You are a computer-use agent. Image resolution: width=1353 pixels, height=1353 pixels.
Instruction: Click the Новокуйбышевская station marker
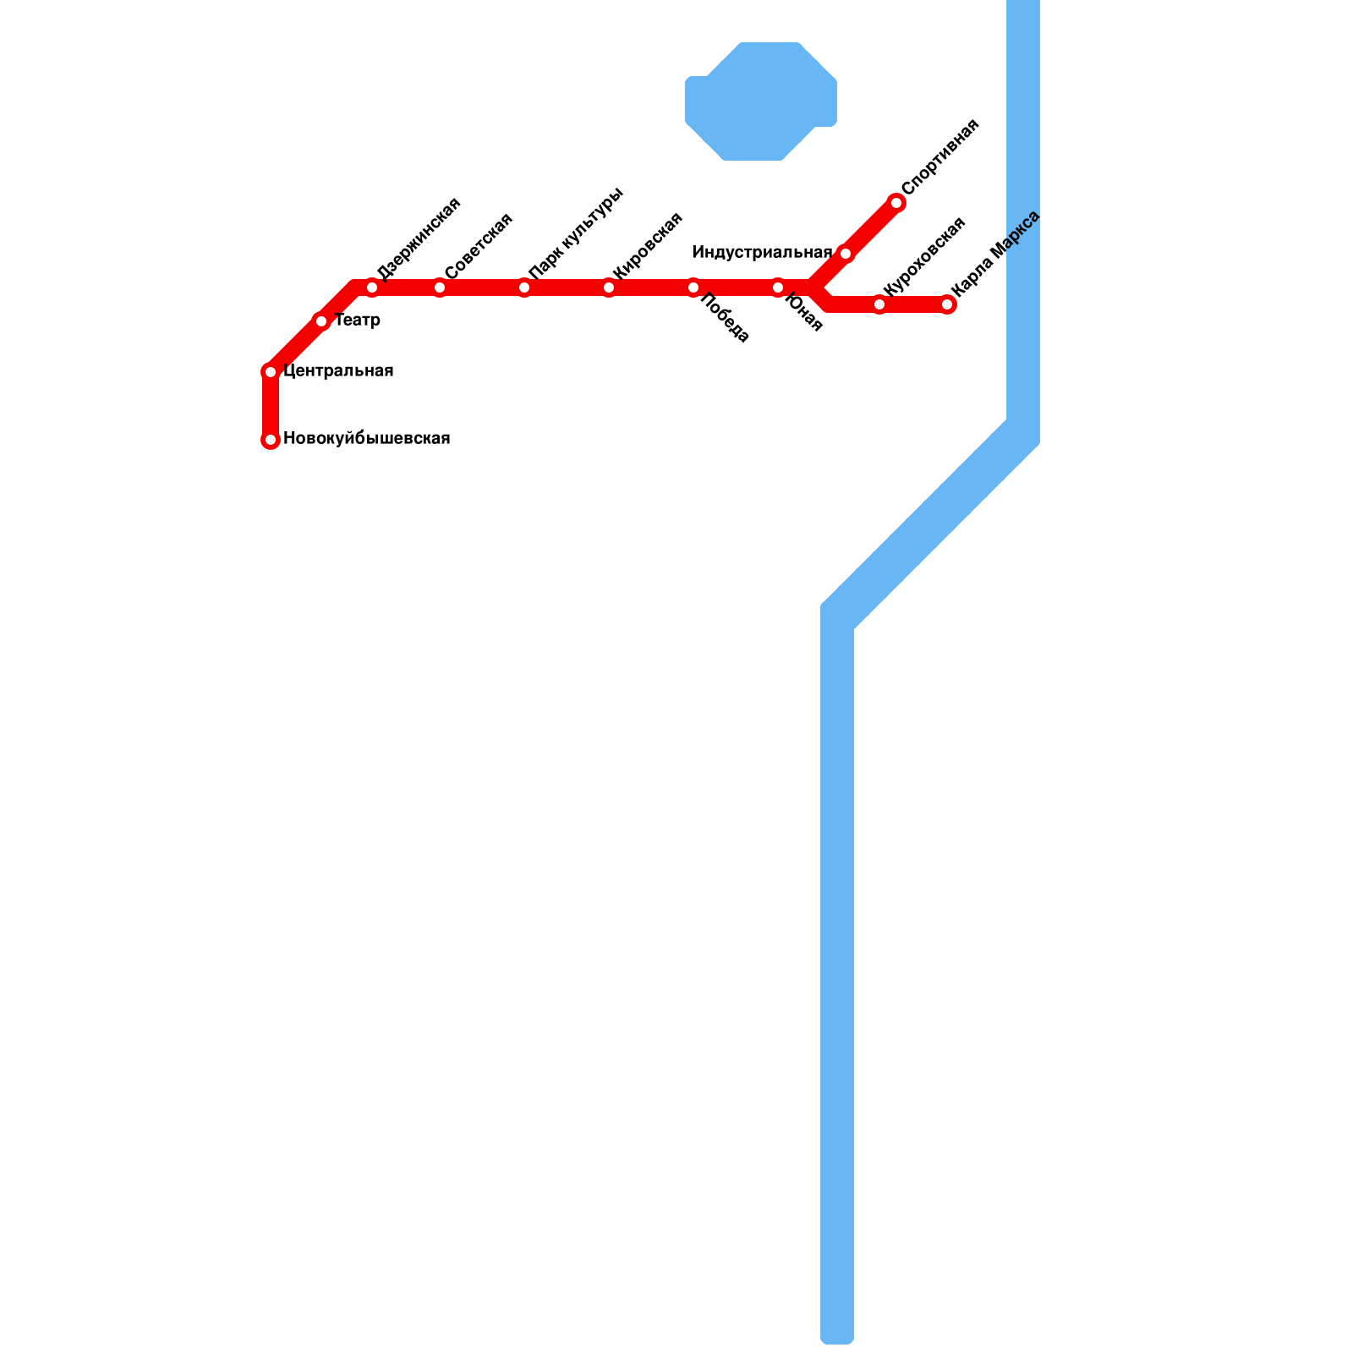[x=271, y=440]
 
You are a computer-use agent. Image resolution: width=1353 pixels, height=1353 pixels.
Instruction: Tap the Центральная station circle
[x=271, y=372]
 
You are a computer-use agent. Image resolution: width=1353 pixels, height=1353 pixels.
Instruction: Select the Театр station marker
[x=321, y=321]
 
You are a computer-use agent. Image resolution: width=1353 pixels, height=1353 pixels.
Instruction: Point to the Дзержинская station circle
[x=372, y=288]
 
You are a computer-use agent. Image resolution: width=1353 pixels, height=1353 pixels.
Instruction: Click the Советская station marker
[x=440, y=288]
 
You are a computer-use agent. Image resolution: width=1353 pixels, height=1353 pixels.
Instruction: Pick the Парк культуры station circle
[x=524, y=288]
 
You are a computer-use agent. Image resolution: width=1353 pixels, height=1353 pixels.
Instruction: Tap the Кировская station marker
[x=609, y=288]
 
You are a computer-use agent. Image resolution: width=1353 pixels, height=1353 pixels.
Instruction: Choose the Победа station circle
[x=693, y=288]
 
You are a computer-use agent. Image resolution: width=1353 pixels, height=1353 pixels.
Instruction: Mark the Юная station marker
[x=778, y=288]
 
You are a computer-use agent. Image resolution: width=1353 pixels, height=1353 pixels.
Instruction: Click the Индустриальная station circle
[x=846, y=254]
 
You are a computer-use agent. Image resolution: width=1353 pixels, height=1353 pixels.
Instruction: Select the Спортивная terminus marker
[x=896, y=203]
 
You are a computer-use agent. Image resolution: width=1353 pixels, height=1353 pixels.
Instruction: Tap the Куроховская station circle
[x=879, y=304]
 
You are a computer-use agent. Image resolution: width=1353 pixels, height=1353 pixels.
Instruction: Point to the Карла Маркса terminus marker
[x=948, y=304]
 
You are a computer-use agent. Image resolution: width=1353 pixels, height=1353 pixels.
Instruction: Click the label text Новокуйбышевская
[x=366, y=439]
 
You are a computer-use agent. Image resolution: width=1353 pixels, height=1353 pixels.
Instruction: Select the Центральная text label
[x=338, y=371]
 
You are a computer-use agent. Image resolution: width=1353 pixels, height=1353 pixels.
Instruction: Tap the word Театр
[x=357, y=320]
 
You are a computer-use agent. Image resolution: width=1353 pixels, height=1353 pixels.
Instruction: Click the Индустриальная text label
[x=762, y=253]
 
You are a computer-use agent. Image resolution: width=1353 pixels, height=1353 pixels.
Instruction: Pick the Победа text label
[x=726, y=319]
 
